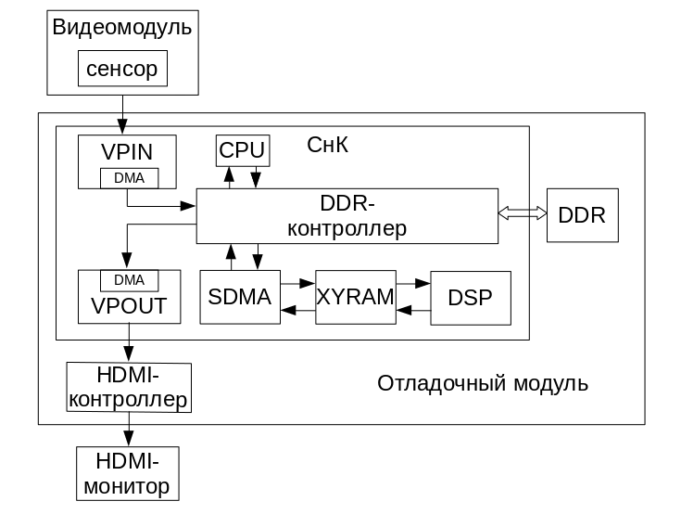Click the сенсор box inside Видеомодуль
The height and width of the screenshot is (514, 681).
pos(122,69)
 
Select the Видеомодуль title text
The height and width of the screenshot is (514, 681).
pos(122,27)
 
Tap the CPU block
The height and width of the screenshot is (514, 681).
pos(243,149)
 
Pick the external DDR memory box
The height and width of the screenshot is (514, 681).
pos(582,214)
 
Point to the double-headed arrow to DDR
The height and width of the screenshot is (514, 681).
pos(523,213)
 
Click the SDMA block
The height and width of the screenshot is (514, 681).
pos(239,297)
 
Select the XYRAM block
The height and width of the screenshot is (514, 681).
pos(355,297)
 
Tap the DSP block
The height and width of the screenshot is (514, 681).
pos(471,298)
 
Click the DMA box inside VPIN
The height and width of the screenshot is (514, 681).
pos(129,177)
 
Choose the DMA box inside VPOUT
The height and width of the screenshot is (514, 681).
pos(129,279)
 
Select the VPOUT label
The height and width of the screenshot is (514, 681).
pos(129,305)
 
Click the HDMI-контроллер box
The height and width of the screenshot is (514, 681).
pos(129,388)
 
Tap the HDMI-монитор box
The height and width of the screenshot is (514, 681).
pos(127,473)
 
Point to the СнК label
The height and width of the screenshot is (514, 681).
pos(328,146)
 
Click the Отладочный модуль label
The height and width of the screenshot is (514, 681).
pos(483,383)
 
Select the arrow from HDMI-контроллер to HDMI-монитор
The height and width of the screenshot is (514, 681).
pos(129,430)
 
